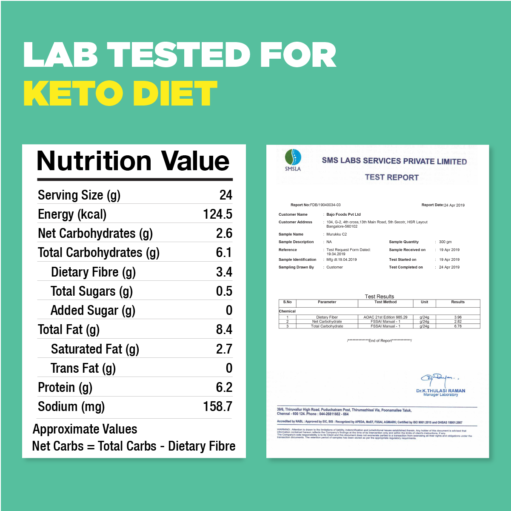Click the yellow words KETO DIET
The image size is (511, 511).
coord(120,93)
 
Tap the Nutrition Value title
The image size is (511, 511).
coord(133,161)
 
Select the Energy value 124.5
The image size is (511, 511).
coord(217,214)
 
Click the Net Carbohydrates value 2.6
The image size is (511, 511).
coord(224,233)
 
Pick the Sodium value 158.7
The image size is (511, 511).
coord(217,406)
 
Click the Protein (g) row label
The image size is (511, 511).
coord(65,387)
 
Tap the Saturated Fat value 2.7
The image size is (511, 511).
coord(224,349)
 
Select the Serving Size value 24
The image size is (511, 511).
coord(226,195)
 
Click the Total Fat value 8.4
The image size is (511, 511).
coord(224,329)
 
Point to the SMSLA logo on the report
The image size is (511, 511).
coord(293,160)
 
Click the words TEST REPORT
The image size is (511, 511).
coord(391,177)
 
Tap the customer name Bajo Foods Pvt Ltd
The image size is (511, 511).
coord(343,214)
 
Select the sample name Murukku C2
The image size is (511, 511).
coord(337,234)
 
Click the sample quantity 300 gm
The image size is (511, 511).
coord(445,242)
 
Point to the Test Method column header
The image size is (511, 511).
coord(385,302)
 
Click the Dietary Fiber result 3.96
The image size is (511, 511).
coord(458,317)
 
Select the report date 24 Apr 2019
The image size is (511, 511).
coord(454,205)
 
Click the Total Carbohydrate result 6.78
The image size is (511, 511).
coord(458,326)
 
